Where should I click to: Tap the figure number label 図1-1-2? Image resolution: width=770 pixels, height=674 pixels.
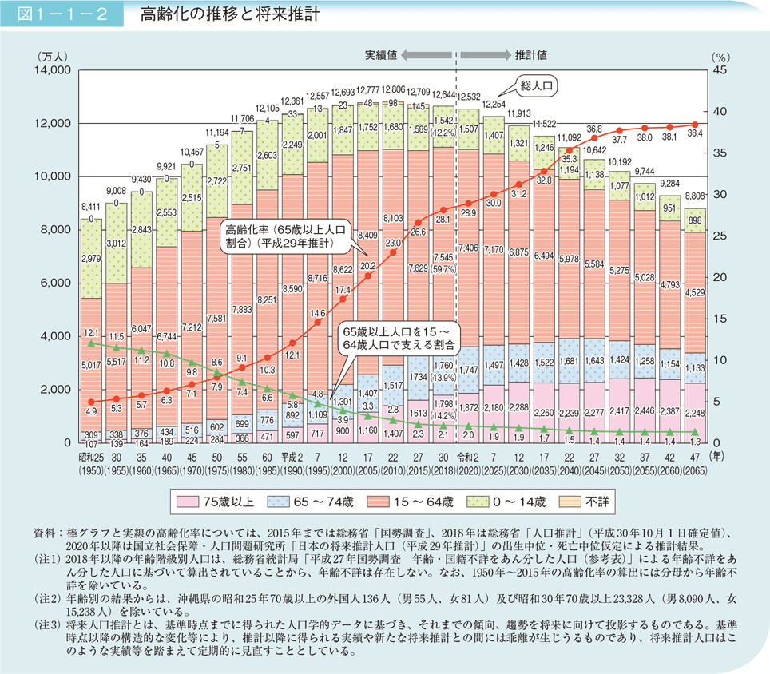[x=61, y=15]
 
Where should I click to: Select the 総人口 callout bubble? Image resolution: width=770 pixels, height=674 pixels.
[x=538, y=85]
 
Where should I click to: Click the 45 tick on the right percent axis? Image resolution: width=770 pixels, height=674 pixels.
[x=717, y=70]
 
